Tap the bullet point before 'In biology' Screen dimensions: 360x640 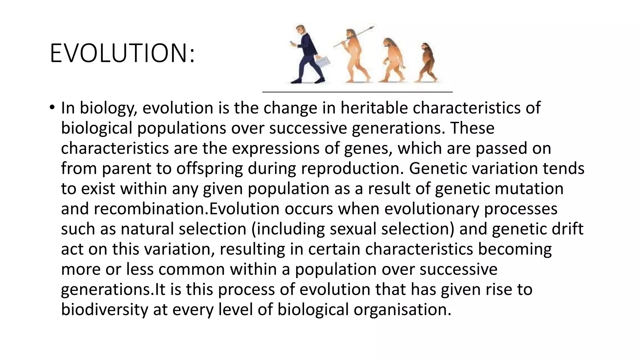click(x=52, y=108)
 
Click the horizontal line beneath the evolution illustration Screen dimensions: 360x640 click(x=357, y=92)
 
